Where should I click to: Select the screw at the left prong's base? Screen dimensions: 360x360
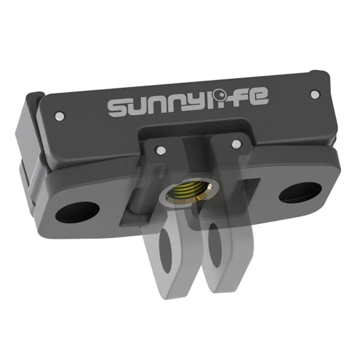(x=159, y=149)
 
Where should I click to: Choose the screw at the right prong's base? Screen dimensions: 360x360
(x=235, y=144)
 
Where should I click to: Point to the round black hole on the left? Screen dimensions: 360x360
(x=77, y=212)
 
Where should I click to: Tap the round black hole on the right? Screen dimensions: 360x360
(x=299, y=193)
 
